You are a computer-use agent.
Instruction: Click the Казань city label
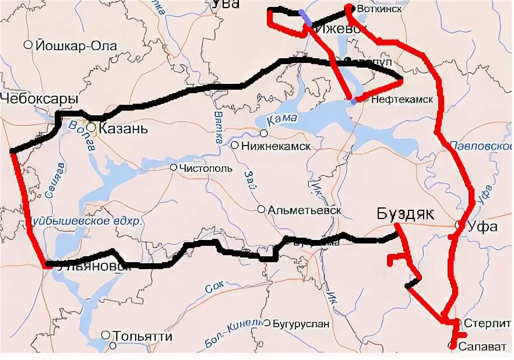point(123,128)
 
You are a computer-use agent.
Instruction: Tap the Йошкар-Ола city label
point(76,45)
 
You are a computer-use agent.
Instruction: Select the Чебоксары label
point(39,99)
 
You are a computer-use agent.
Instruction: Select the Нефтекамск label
point(402,100)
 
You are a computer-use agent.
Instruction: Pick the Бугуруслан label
point(301,323)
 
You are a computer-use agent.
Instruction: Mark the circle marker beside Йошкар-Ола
point(28,45)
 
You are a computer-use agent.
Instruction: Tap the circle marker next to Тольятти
point(105,335)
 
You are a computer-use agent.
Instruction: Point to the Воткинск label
point(379,10)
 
